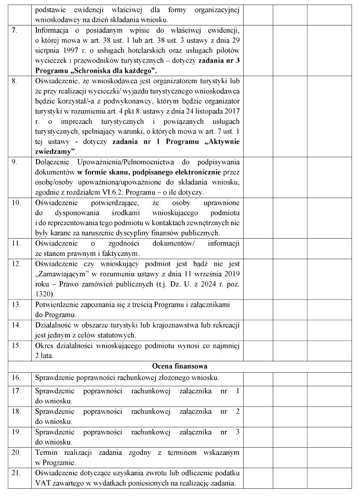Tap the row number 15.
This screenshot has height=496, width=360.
point(17,345)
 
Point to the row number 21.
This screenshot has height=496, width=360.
point(17,473)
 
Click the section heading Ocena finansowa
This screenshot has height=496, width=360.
point(180,366)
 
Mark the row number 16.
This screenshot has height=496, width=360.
point(17,377)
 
